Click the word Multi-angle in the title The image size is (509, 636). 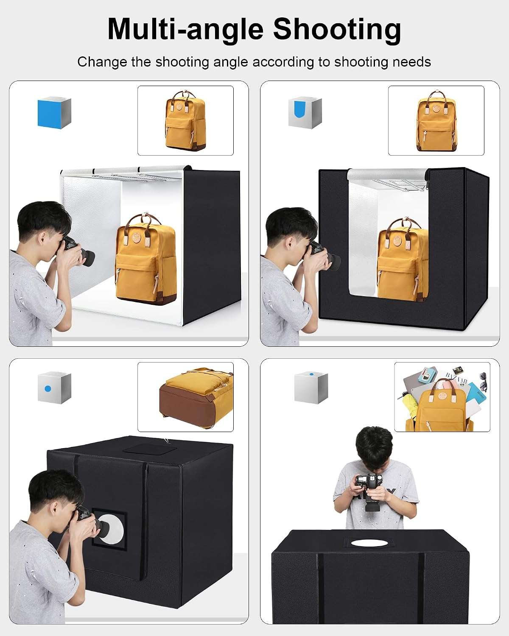[185, 29]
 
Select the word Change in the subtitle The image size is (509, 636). [102, 62]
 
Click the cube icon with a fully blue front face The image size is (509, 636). [54, 113]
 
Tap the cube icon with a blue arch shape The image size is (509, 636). [305, 113]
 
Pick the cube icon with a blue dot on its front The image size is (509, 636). [54, 388]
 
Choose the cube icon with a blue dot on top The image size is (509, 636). [311, 388]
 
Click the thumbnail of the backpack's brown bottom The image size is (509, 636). [185, 397]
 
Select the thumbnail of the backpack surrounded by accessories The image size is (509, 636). [442, 397]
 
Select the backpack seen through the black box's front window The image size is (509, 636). [403, 259]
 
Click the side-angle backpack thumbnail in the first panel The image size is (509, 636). [185, 120]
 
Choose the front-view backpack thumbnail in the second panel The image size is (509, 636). [436, 120]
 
